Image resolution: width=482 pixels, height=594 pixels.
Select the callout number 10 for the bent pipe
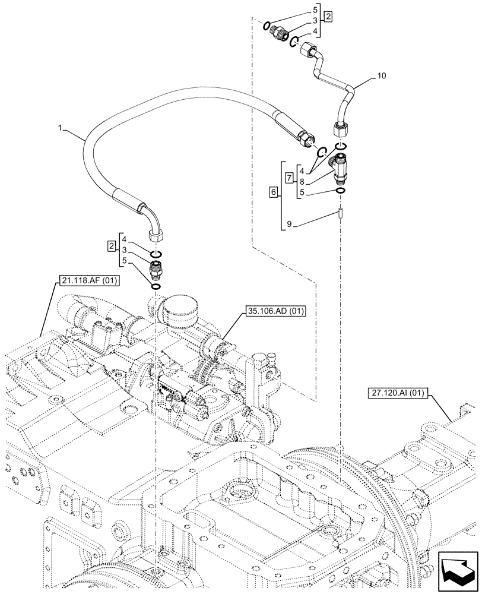coord(381,75)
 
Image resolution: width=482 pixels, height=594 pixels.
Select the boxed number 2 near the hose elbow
coord(111,245)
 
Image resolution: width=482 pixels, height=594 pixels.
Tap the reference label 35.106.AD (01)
coord(273,311)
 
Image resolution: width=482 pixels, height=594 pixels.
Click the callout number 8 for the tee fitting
coord(303,182)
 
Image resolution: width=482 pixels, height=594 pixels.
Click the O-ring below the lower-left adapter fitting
coord(156,287)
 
